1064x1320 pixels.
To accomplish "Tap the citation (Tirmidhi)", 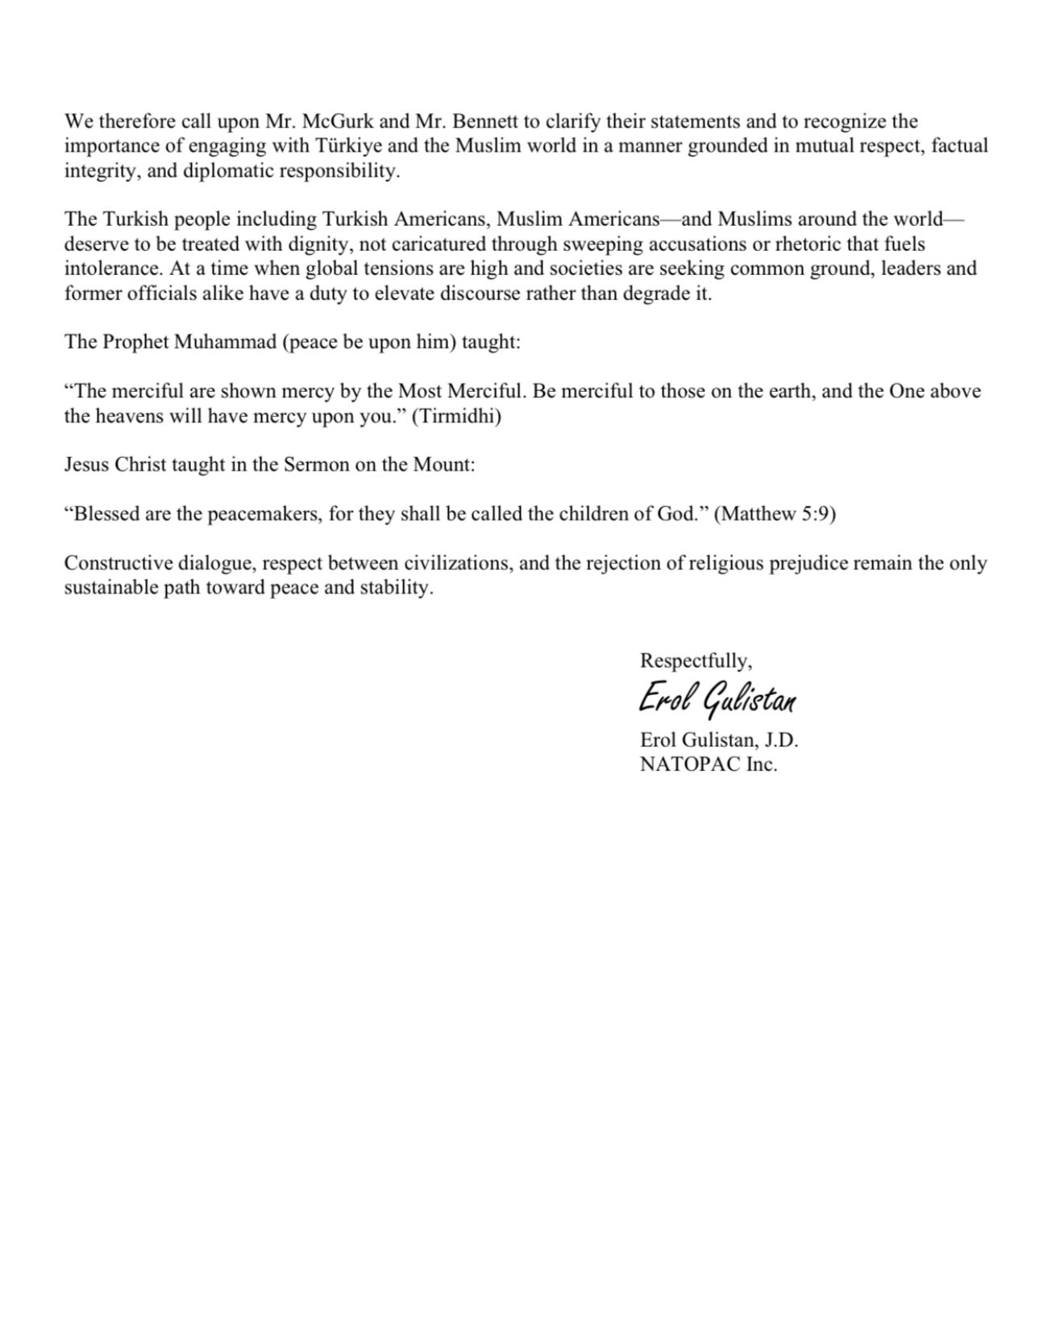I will [456, 416].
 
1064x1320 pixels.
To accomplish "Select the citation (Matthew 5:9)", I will [775, 514].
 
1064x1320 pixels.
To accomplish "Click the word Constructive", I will [118, 563].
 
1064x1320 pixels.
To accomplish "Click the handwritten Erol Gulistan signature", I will [717, 699].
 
